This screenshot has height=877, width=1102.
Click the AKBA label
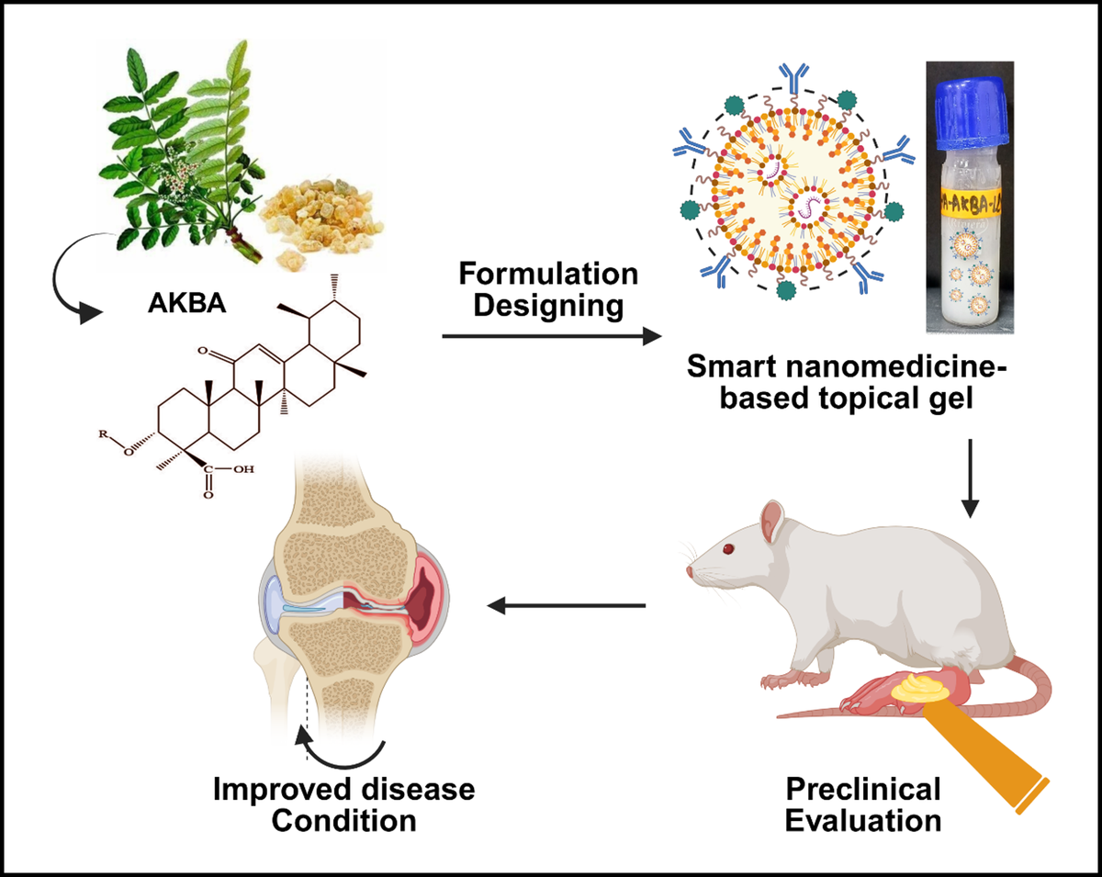click(186, 304)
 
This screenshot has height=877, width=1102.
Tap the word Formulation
click(548, 274)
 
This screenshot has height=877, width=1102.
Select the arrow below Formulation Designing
click(551, 337)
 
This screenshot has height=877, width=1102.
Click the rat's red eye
click(729, 550)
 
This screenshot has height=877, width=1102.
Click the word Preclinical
click(863, 789)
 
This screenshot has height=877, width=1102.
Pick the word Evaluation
click(863, 819)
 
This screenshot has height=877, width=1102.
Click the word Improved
click(279, 789)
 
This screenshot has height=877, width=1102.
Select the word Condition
click(343, 819)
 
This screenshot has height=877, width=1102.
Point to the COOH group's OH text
click(243, 467)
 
